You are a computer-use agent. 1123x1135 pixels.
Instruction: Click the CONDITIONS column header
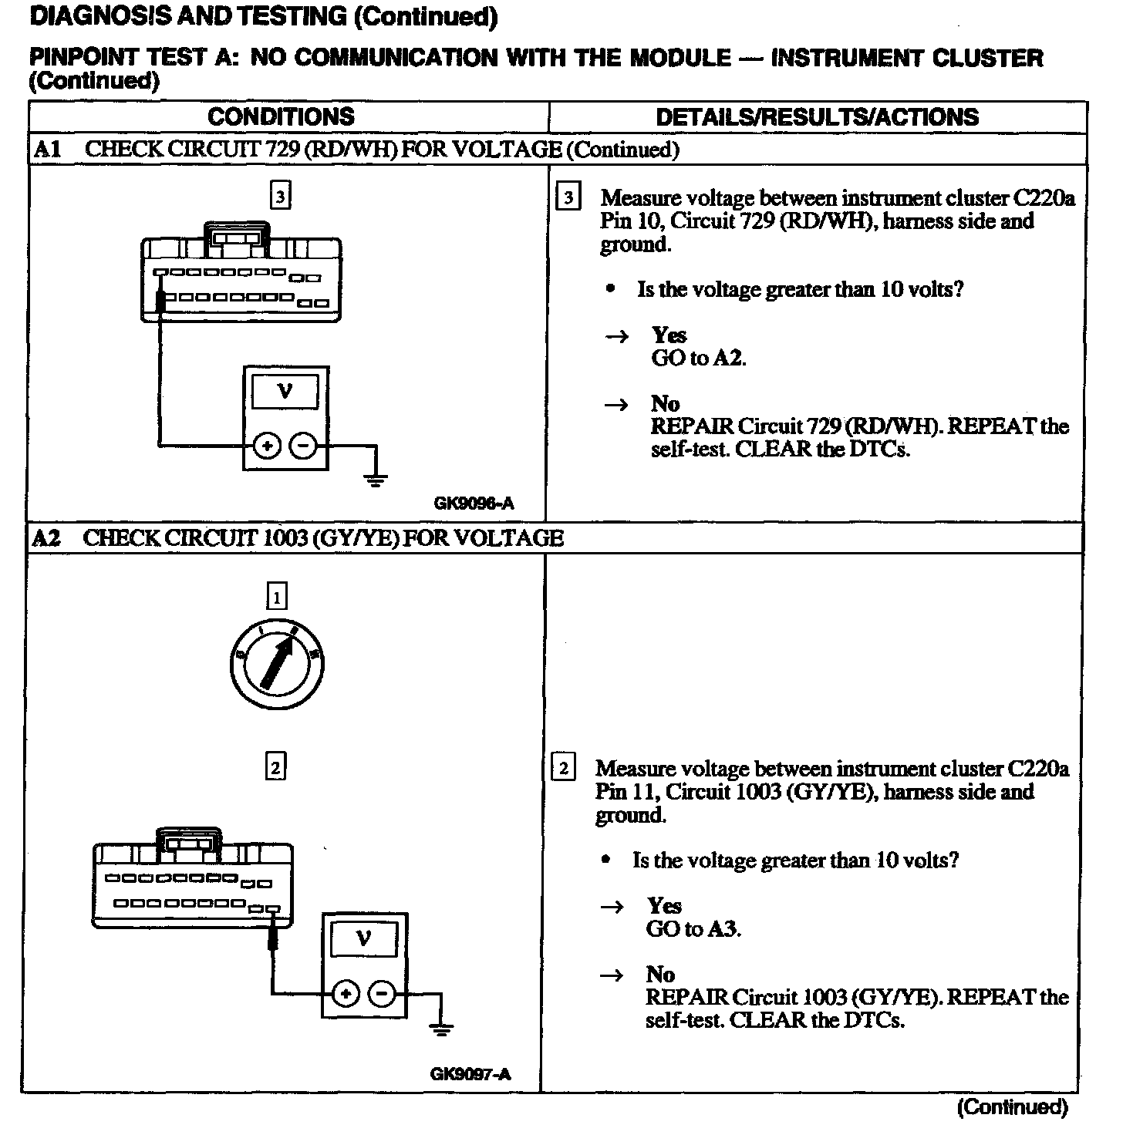point(281,116)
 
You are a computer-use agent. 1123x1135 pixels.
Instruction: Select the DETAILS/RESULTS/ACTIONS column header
point(817,117)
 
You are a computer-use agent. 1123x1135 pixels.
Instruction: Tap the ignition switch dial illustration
point(277,662)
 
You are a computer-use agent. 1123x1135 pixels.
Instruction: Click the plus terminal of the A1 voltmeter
point(267,446)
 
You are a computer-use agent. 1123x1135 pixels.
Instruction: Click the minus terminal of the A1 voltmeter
point(303,446)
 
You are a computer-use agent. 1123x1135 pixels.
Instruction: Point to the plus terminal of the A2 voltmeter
point(346,995)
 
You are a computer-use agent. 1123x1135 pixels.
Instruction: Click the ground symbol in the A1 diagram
point(376,480)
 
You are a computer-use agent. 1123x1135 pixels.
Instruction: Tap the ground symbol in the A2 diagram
point(441,1029)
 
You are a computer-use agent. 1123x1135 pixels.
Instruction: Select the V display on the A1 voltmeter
point(285,391)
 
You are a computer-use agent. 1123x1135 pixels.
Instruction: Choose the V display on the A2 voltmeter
point(363,939)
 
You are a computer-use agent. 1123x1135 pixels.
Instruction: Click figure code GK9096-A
point(474,504)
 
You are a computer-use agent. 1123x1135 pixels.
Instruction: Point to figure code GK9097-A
point(470,1074)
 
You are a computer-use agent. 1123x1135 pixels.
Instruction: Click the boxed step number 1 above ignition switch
point(276,596)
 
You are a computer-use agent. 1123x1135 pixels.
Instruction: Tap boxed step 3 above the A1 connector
point(280,197)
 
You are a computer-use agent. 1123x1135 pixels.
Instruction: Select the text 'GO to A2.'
point(699,358)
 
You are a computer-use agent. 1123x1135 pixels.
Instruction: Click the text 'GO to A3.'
point(693,929)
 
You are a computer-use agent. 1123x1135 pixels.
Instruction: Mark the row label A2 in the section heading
point(46,538)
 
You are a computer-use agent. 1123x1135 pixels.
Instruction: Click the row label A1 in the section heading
point(47,150)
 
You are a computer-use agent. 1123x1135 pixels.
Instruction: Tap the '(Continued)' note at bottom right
point(1012,1107)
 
